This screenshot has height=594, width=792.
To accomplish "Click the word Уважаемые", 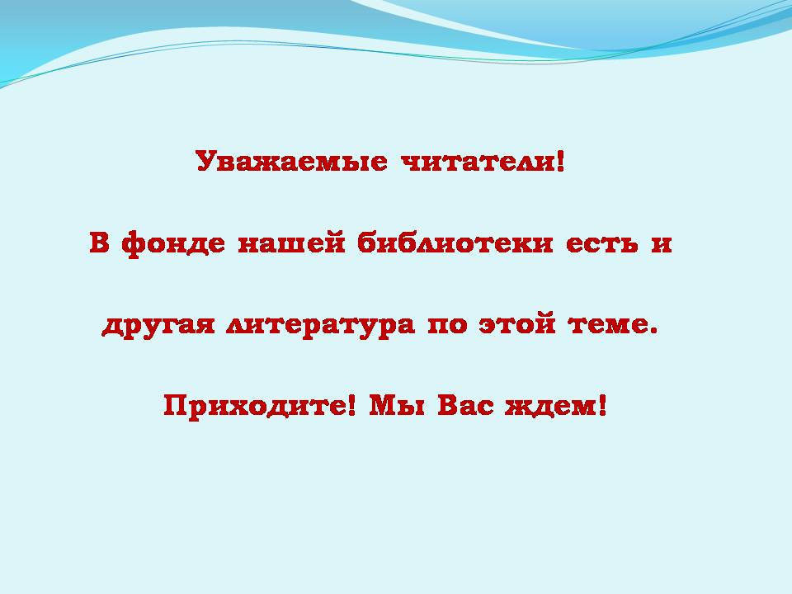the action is tap(292, 161).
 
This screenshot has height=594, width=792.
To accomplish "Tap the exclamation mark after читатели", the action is tap(559, 161).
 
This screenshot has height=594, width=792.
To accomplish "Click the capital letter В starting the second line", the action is tap(100, 242).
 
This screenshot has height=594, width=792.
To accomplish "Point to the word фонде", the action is tap(173, 244).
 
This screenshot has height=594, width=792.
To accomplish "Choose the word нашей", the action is tap(291, 243).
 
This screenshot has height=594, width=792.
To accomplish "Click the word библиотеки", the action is tap(455, 243).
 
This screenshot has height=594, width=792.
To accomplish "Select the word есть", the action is tap(602, 243).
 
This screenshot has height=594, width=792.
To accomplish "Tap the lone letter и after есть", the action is tap(661, 243).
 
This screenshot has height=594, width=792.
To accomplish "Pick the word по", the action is tap(447, 325).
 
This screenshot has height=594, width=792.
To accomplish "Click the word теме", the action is tap(606, 325).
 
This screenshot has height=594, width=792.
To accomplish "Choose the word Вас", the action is tap(465, 405).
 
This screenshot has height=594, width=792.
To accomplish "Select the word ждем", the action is tap(550, 406).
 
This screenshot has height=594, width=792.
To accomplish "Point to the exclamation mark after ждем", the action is tap(601, 405).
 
